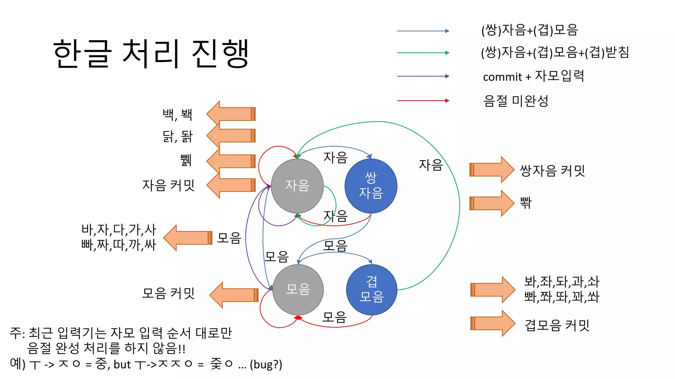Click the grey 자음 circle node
coord(297,186)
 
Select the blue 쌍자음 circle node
coord(371,186)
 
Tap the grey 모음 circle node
coord(298,290)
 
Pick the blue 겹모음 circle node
coord(371,290)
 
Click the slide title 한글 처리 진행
coord(151,54)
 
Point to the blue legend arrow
coord(423,31)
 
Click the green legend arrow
coord(423,53)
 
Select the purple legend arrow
coord(423,76)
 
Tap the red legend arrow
coord(423,100)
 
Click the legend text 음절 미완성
coord(515,101)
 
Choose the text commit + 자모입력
coord(533,76)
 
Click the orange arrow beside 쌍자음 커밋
coord(491,170)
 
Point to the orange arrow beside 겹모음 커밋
coord(492,323)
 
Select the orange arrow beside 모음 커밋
coord(234,295)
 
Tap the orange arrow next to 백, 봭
coord(231,114)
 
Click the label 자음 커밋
coord(168,185)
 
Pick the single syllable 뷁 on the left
coord(186,161)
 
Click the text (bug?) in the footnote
coord(266,365)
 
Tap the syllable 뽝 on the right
coord(526,203)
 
